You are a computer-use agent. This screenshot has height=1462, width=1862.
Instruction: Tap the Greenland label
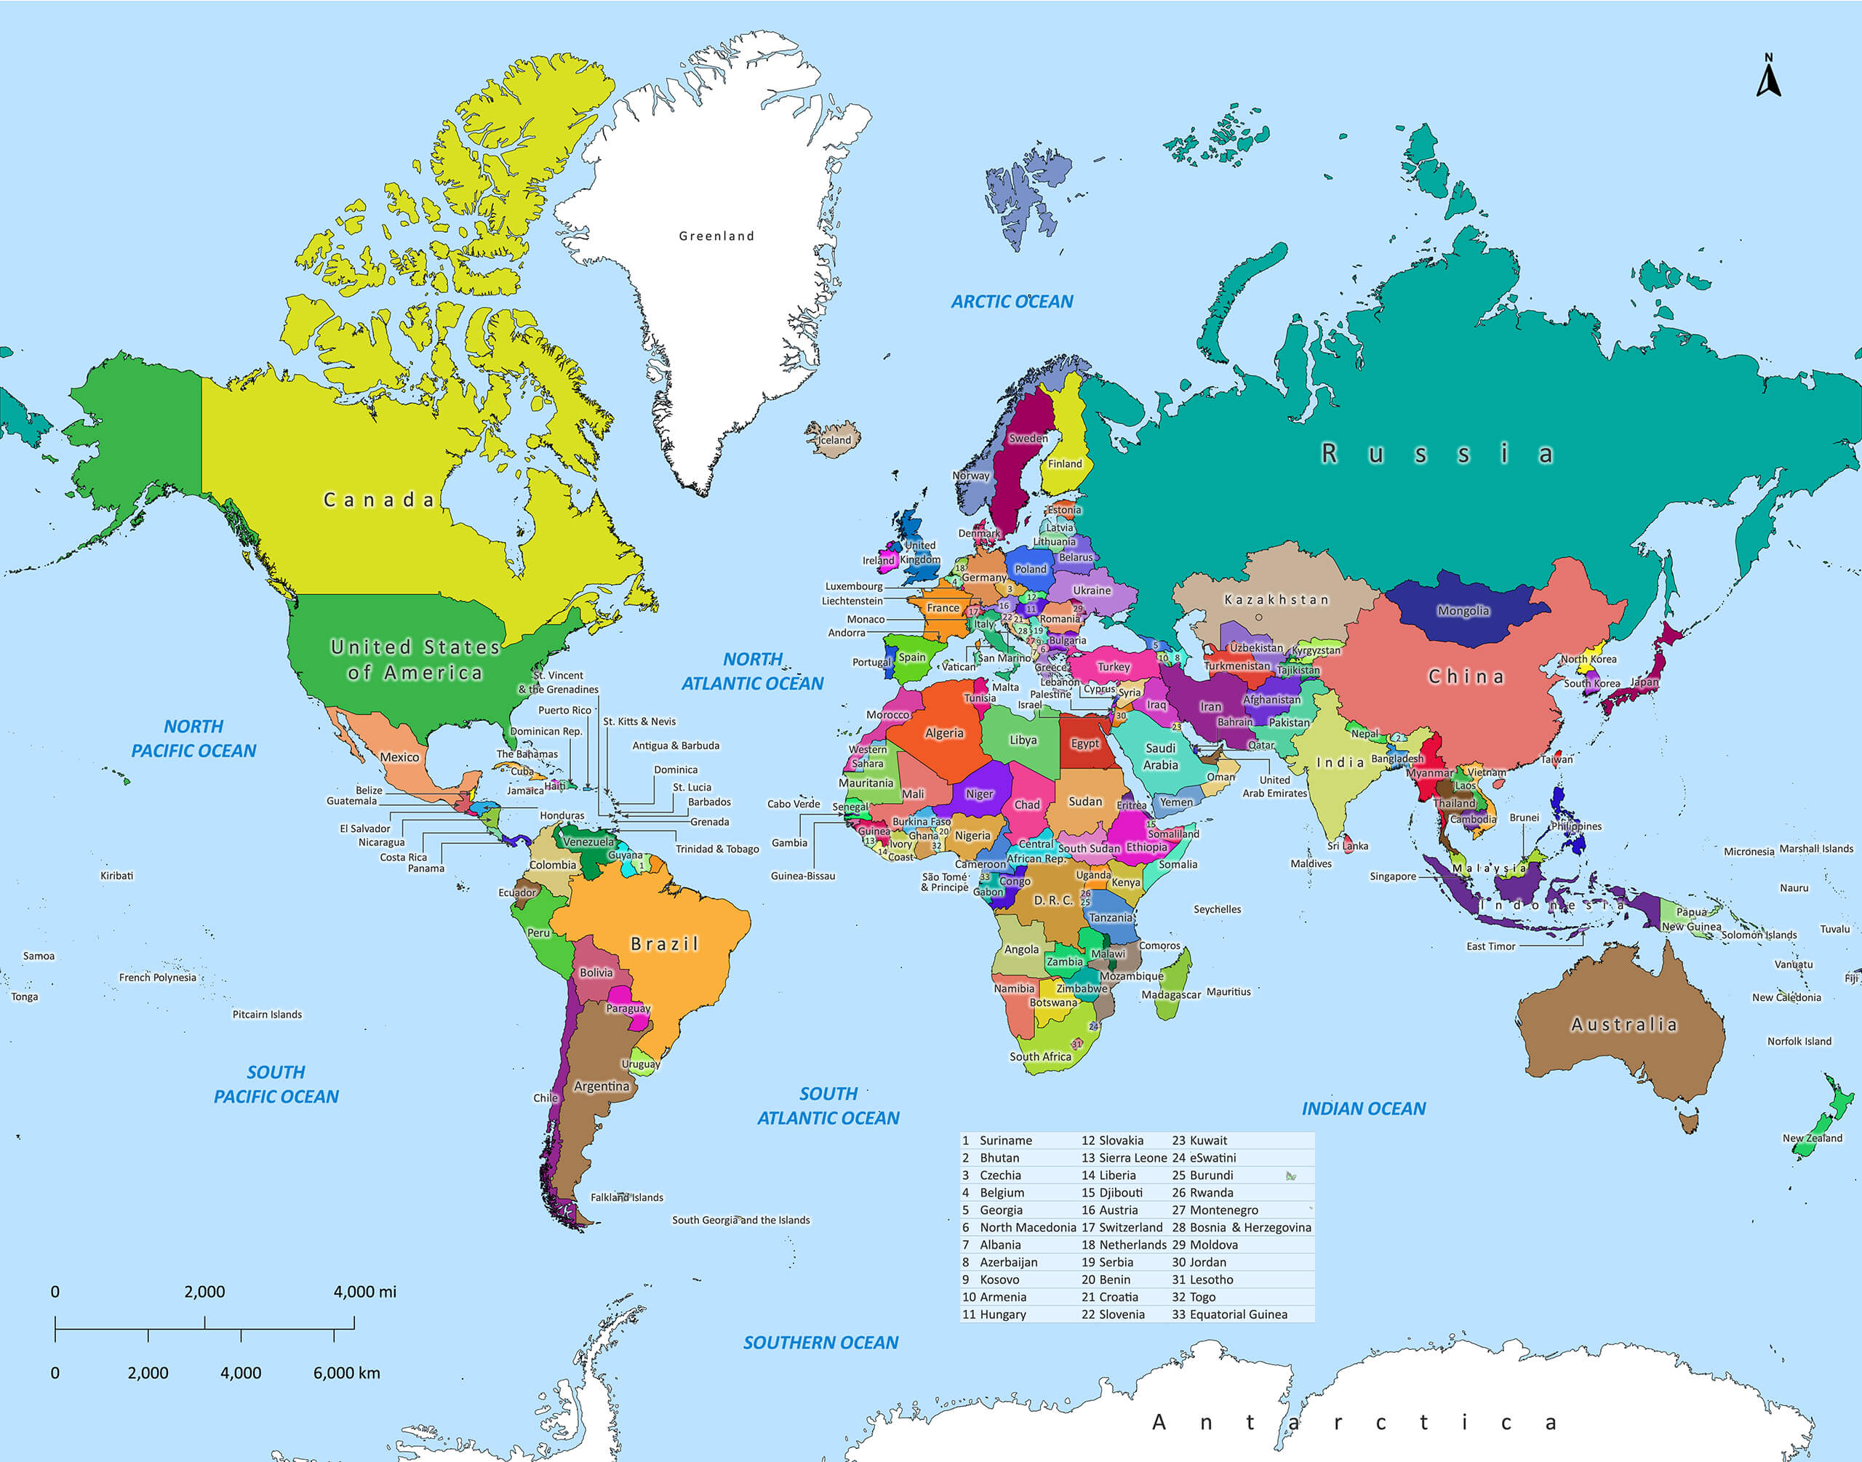click(x=716, y=236)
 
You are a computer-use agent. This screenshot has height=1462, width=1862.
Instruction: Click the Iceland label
click(x=835, y=440)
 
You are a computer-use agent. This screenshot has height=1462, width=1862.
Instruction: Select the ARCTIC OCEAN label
click(x=1012, y=301)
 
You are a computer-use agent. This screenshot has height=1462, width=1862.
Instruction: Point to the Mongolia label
click(x=1463, y=610)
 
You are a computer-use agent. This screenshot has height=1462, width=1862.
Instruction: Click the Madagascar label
click(x=1170, y=994)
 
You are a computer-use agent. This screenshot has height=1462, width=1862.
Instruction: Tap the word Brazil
click(x=664, y=943)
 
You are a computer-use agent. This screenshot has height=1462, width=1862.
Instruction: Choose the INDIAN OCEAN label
click(x=1363, y=1109)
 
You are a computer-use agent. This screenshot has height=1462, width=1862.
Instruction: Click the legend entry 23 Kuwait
click(x=1199, y=1141)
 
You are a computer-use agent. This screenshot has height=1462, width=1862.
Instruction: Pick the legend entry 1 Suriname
click(x=998, y=1141)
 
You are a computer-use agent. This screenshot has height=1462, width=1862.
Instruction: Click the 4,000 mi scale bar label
click(x=364, y=1292)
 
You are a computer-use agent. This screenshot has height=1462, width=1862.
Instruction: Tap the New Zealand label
click(x=1812, y=1138)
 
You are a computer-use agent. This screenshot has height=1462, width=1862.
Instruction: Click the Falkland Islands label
click(x=626, y=1197)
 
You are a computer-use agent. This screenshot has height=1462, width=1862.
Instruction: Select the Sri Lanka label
click(x=1348, y=846)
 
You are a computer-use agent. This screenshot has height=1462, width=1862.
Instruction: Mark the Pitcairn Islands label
click(x=267, y=1015)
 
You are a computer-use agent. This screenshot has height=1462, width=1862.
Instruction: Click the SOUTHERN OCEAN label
click(x=820, y=1342)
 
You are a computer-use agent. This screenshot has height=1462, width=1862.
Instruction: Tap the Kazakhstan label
click(x=1276, y=599)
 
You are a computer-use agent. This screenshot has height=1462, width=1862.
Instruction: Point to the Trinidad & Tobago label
click(x=717, y=849)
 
